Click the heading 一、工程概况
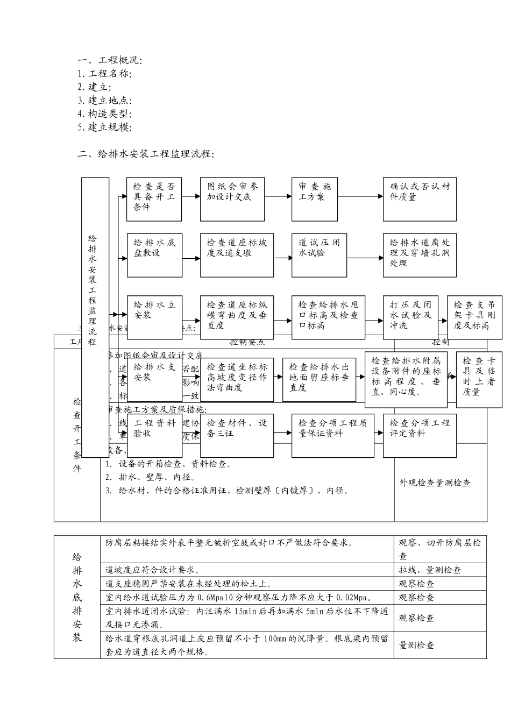point(110,61)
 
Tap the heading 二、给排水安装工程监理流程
point(146,154)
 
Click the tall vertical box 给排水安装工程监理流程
point(95,317)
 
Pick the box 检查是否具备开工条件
point(154,199)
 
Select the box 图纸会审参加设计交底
point(232,199)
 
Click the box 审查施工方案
point(315,199)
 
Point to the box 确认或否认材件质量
point(420,199)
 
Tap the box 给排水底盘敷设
point(154,255)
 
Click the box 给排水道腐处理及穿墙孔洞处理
point(420,255)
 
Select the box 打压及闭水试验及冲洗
point(410,317)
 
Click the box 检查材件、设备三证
point(237,435)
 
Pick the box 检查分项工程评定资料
point(420,435)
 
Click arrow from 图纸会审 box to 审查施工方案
point(278,196)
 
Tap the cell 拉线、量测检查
point(430,570)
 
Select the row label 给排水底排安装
point(77,597)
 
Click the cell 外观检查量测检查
point(435,483)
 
